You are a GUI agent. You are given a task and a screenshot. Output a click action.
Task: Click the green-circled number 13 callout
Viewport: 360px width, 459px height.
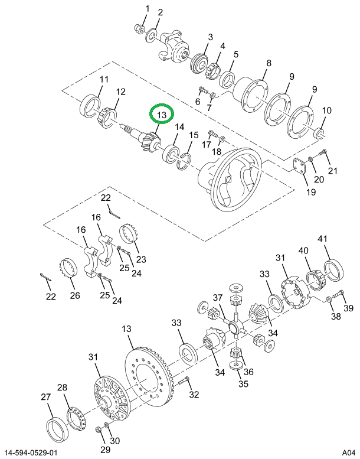click(162, 114)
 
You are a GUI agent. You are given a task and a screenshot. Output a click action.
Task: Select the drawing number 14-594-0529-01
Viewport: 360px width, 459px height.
click(37, 452)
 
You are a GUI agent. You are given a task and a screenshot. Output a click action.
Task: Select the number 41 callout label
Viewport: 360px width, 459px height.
click(322, 239)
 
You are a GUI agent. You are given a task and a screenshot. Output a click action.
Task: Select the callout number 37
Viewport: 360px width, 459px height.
click(218, 297)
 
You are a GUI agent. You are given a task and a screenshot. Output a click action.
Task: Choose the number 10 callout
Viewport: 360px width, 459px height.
click(327, 110)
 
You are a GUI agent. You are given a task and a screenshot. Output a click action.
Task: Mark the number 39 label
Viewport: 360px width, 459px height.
click(348, 308)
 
